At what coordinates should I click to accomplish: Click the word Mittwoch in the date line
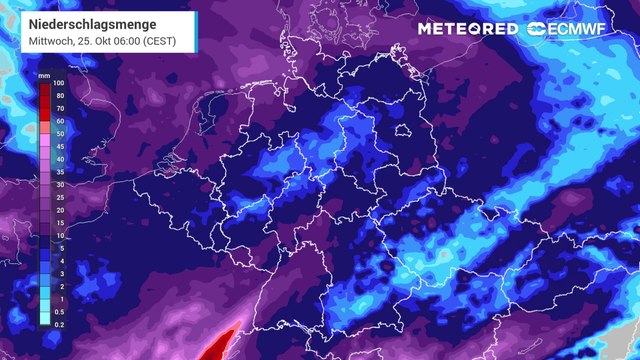click(x=34, y=39)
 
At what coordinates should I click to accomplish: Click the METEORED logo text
click(x=468, y=28)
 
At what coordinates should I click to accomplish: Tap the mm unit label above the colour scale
click(x=45, y=76)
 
